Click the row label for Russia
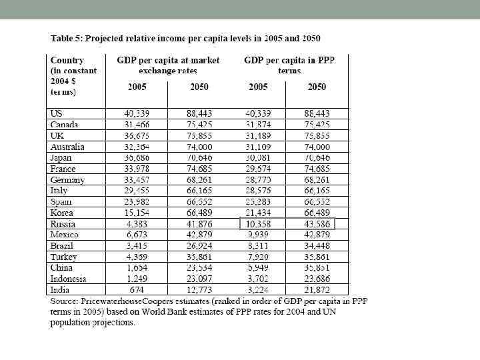[63, 224]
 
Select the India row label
[60, 290]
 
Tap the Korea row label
[62, 213]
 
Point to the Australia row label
[67, 147]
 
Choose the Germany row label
[67, 180]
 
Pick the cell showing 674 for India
[137, 290]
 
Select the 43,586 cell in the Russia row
[317, 224]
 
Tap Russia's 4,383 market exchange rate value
[137, 224]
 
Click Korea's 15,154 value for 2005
[137, 213]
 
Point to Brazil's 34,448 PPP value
[317, 246]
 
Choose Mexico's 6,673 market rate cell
[137, 235]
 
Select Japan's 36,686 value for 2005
[137, 158]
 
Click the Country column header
[67, 60]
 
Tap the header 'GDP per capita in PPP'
[289, 60]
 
